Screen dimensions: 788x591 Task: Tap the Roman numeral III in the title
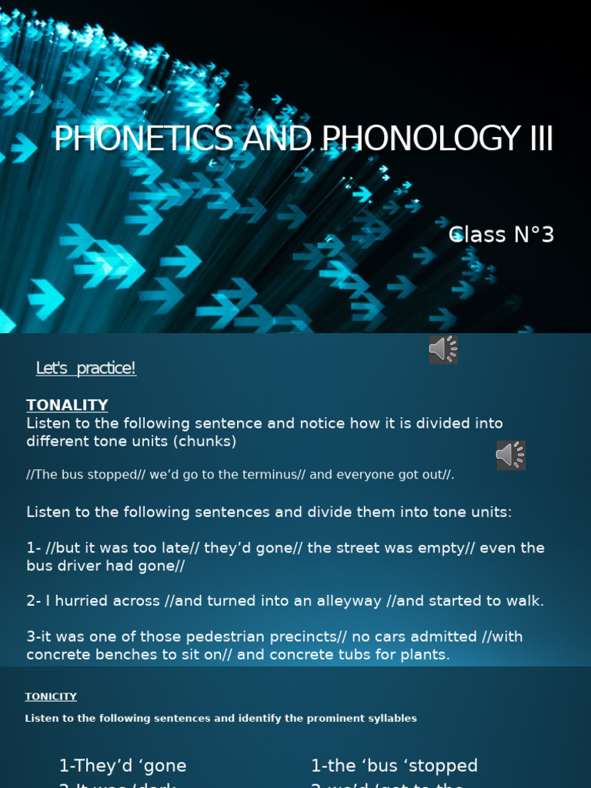539,139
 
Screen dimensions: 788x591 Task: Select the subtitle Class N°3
501,235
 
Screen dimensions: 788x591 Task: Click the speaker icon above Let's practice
443,349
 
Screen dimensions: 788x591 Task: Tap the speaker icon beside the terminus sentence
510,456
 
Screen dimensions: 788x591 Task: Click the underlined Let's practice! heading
85,369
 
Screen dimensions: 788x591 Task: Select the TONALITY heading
67,405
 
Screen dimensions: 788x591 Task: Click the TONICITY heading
51,696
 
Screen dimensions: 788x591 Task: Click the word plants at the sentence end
427,655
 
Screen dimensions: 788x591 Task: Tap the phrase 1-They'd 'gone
122,766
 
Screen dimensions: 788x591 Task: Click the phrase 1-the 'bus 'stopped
394,766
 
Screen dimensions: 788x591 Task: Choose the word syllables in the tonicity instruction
389,719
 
